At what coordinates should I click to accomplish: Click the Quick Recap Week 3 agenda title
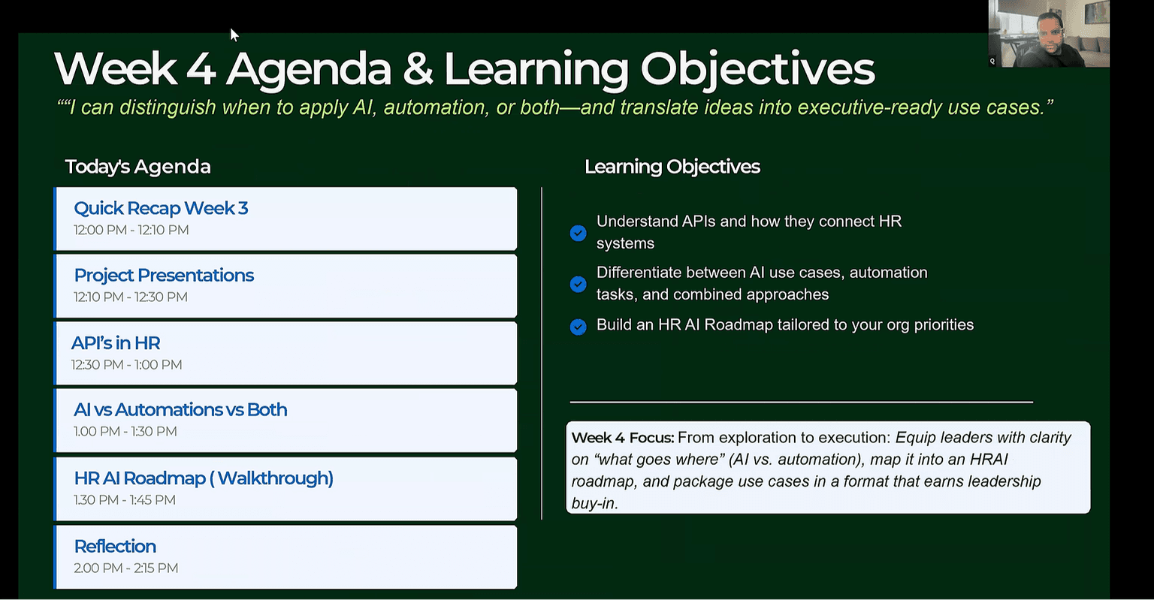click(161, 208)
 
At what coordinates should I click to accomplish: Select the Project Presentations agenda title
click(164, 275)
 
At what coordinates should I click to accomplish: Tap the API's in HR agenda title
click(116, 343)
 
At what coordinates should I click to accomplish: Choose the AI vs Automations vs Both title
click(180, 409)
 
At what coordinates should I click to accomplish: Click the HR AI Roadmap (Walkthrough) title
click(204, 478)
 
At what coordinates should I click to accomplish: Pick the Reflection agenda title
click(115, 546)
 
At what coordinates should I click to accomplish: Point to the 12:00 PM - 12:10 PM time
click(131, 230)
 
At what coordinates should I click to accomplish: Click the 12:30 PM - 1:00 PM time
click(126, 365)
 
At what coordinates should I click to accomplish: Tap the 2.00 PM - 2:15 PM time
click(125, 568)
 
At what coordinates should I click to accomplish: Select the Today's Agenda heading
click(137, 166)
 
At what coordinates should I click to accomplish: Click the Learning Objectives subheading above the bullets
click(672, 166)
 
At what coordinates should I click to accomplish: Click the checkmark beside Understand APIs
click(578, 233)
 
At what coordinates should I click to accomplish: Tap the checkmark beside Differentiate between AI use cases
click(578, 284)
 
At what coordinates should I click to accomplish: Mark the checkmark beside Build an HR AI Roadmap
click(578, 327)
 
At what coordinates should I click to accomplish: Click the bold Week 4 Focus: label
click(622, 437)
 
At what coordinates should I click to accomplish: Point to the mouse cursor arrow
click(234, 35)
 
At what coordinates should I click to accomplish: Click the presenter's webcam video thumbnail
click(1049, 34)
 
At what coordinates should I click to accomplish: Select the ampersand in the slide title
click(417, 69)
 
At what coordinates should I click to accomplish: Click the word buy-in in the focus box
click(594, 503)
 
